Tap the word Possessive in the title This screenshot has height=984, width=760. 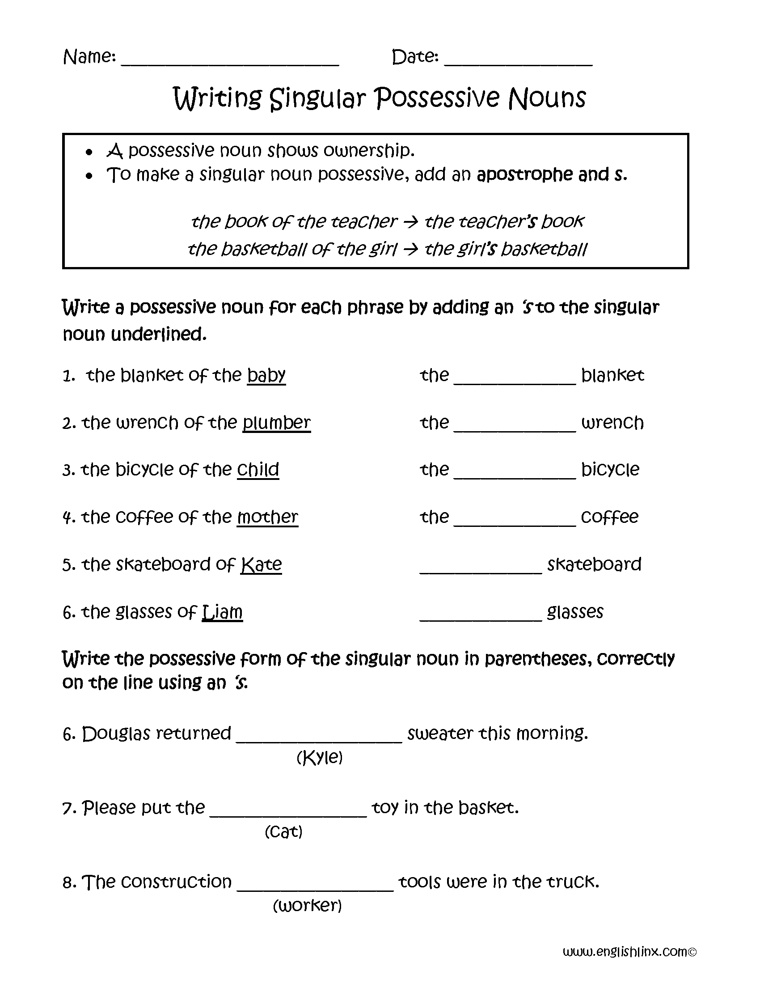point(437,98)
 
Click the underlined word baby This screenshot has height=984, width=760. point(266,375)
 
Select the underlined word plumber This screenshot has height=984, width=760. point(276,423)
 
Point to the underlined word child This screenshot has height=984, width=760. point(258,470)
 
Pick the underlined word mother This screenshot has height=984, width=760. point(267,517)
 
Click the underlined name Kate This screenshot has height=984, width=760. point(261,564)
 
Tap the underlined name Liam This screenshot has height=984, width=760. point(223,612)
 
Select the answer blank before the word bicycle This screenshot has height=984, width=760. point(515,475)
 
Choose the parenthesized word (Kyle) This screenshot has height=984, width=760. point(320,757)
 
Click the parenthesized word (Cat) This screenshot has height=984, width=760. point(283,832)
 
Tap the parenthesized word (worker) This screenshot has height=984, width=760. point(308,906)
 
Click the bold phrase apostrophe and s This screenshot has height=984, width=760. point(552,174)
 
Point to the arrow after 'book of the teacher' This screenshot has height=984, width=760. point(410,222)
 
